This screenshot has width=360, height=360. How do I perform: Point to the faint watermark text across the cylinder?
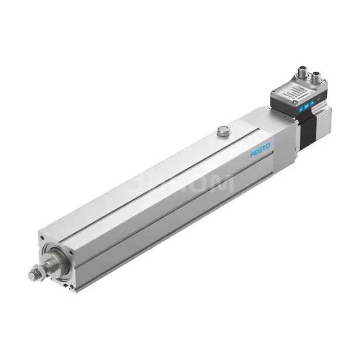pyautogui.click(x=186, y=183)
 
